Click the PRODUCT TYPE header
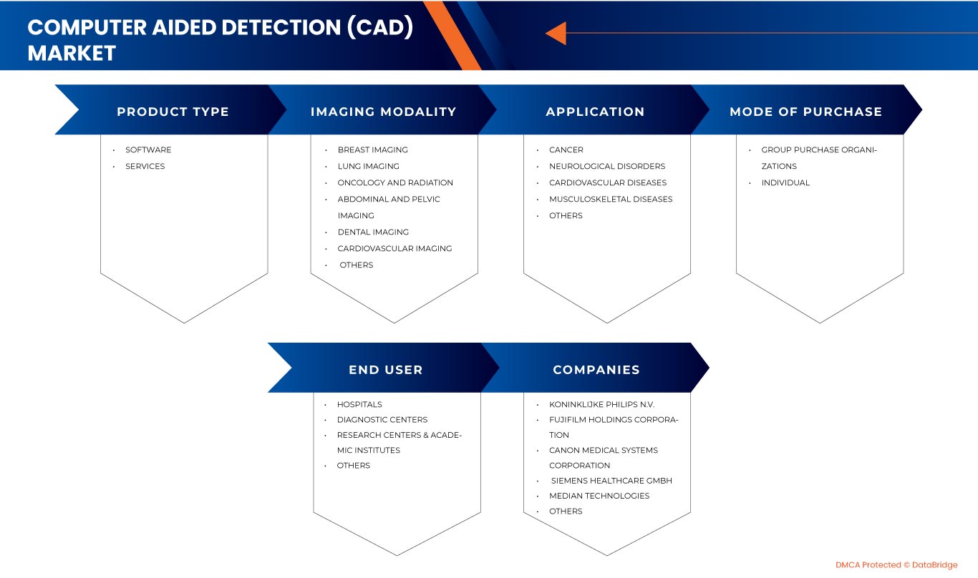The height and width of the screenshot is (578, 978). coord(173,112)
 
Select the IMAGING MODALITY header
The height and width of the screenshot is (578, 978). coord(383,112)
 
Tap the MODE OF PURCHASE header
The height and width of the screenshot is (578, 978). coord(805,112)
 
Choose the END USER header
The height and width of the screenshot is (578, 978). coord(385,370)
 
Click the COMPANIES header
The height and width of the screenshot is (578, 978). coord(596,370)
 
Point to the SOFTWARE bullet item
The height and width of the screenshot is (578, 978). coord(148,150)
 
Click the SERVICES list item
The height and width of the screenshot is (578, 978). coord(145,166)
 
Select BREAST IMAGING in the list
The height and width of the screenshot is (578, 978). coord(372,150)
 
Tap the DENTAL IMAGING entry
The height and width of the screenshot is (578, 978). coord(373,232)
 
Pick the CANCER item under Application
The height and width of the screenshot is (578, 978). coord(566,150)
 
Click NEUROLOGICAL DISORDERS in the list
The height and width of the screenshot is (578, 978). coord(607,166)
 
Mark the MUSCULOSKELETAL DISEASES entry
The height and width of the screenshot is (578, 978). coord(611,199)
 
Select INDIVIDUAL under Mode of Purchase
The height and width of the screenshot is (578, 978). coord(785,182)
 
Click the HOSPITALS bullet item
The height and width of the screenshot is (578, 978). coord(359,404)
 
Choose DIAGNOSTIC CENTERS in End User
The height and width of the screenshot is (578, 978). coord(382,419)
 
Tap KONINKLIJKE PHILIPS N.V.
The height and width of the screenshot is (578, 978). coord(601,404)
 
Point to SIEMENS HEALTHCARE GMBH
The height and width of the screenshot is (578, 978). coord(611,480)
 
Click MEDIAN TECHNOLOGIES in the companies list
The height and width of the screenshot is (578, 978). coord(599,496)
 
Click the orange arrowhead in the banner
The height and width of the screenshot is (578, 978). coord(556,33)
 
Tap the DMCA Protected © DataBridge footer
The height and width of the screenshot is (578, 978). coord(896,565)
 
